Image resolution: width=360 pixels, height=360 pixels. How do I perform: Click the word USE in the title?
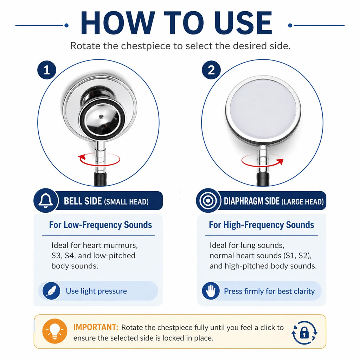click(244, 23)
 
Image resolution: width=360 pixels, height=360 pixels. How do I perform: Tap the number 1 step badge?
click(47, 70)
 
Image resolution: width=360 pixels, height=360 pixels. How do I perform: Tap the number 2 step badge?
click(211, 70)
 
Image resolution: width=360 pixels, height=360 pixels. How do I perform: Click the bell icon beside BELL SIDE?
click(45, 200)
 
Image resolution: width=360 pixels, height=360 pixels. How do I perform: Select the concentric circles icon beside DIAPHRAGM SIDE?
click(208, 201)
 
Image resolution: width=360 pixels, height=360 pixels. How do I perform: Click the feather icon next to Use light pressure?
click(51, 291)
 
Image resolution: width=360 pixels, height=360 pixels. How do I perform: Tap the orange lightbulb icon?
click(54, 331)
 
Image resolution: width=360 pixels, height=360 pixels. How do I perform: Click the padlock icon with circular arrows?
click(304, 333)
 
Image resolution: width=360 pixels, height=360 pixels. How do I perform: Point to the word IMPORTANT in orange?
click(96, 327)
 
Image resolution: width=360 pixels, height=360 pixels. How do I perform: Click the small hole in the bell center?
click(101, 117)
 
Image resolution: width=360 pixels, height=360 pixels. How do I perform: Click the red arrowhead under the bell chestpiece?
click(82, 157)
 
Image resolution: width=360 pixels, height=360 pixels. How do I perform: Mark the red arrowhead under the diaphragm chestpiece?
click(280, 162)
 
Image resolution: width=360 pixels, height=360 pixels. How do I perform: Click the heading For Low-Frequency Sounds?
click(101, 225)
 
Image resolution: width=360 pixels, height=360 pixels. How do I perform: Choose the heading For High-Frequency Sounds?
click(262, 225)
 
